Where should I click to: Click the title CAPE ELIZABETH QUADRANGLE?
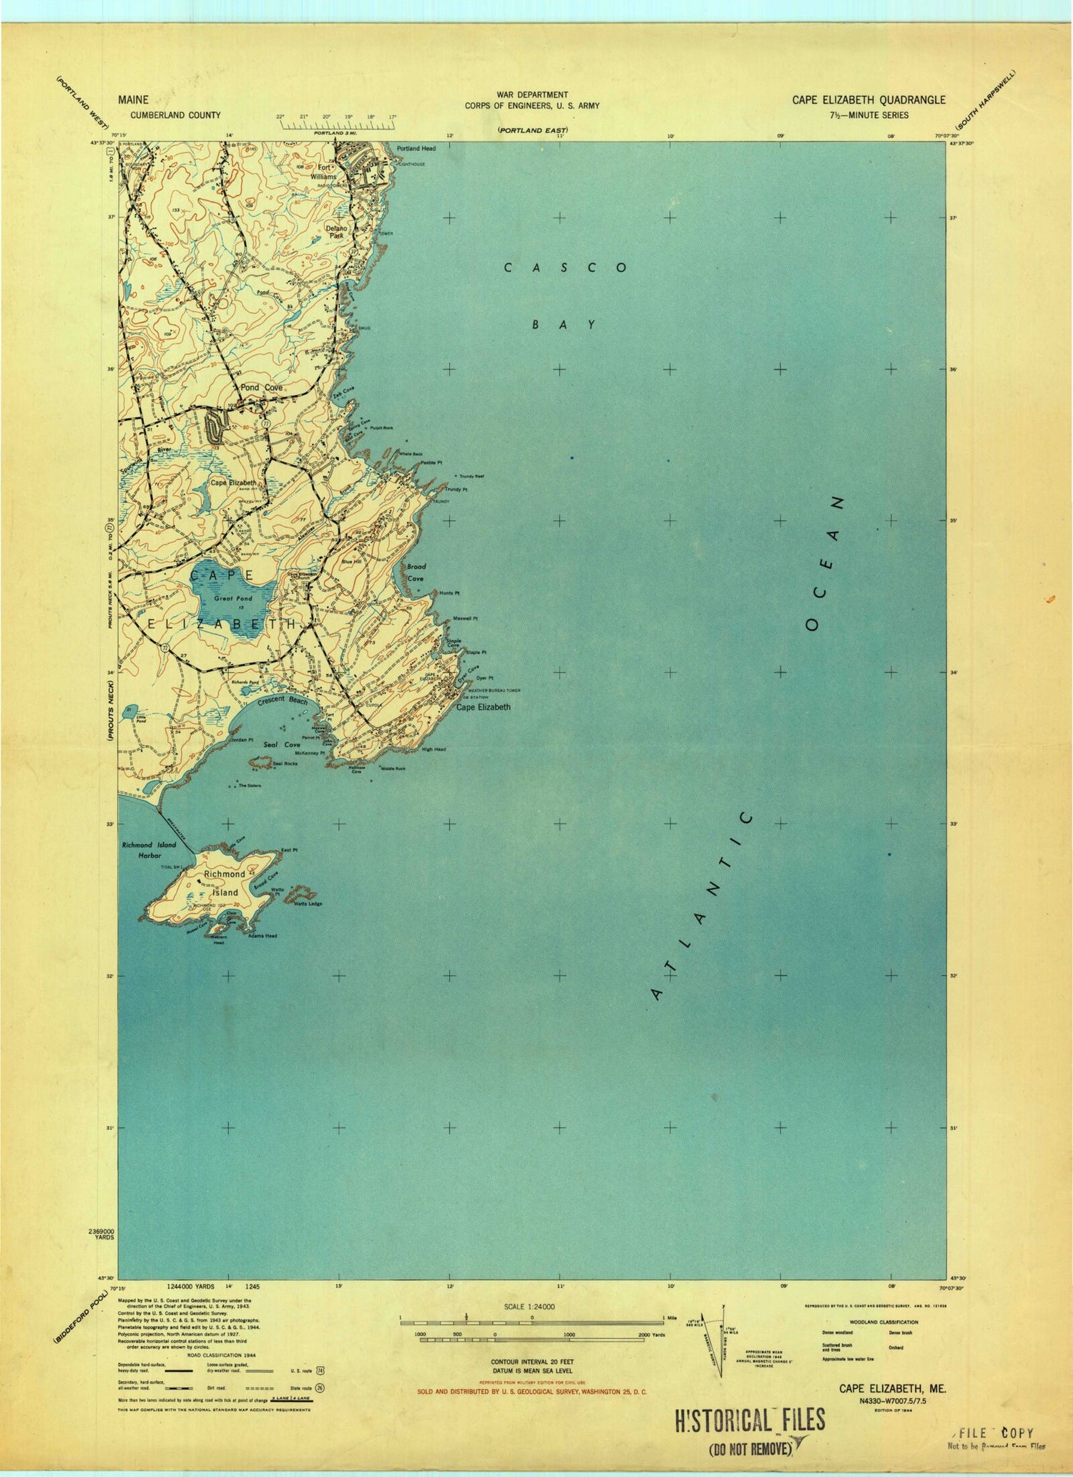(868, 100)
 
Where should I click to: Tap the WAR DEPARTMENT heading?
(532, 94)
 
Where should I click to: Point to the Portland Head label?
(416, 149)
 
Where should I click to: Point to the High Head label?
(433, 749)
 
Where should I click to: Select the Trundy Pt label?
(456, 489)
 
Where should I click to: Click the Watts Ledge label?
(308, 904)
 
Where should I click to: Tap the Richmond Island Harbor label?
(149, 850)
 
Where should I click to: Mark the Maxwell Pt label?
(465, 618)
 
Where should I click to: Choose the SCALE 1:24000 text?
(529, 1307)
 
